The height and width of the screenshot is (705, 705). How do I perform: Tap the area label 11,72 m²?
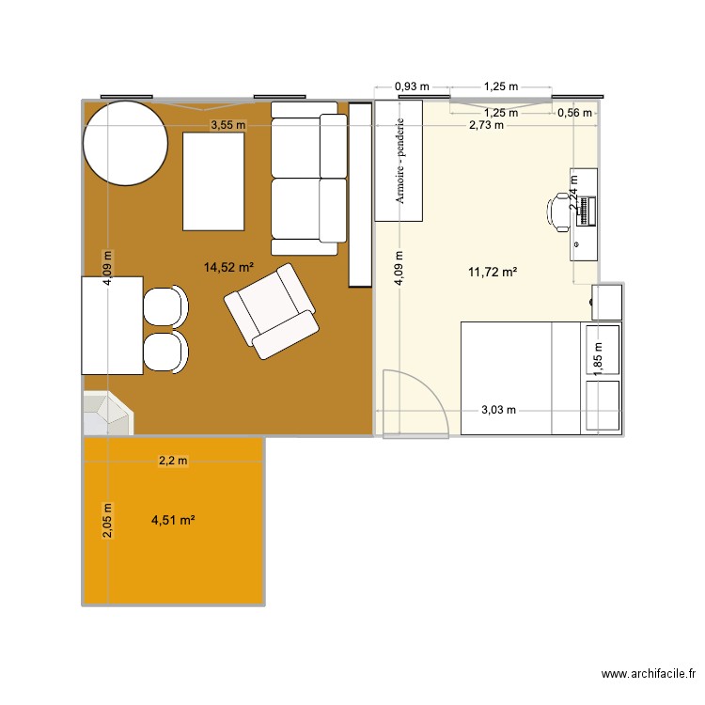click(493, 273)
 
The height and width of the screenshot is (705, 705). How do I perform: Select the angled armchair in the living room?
click(271, 310)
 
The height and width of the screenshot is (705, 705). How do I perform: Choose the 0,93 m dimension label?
click(412, 86)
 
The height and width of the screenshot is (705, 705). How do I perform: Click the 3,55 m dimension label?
click(227, 125)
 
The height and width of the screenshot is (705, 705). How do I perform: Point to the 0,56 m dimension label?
click(574, 113)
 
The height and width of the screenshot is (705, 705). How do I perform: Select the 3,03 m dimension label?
click(499, 410)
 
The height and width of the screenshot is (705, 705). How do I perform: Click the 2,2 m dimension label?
click(172, 461)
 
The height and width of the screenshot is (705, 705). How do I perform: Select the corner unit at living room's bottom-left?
click(106, 414)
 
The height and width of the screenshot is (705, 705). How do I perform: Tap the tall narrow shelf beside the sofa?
click(361, 195)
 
